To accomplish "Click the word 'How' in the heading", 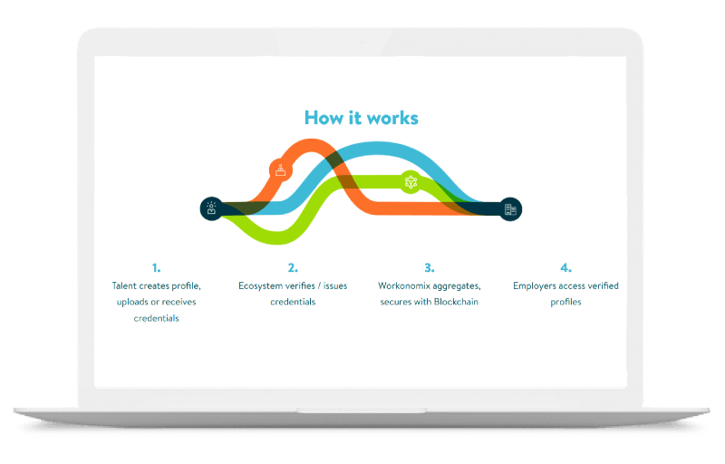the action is pyautogui.click(x=324, y=118).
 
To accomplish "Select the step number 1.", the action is pyautogui.click(x=156, y=268).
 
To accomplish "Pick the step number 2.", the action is pyautogui.click(x=293, y=268).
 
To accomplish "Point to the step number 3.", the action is pyautogui.click(x=429, y=268).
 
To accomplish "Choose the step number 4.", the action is pyautogui.click(x=565, y=268).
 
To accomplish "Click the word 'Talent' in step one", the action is pyautogui.click(x=124, y=286).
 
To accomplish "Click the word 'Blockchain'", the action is pyautogui.click(x=457, y=302).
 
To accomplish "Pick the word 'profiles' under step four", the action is pyautogui.click(x=565, y=303).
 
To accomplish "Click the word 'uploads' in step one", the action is pyautogui.click(x=132, y=303).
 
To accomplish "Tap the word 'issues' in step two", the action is pyautogui.click(x=335, y=286).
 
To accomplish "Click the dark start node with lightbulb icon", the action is pyautogui.click(x=212, y=209).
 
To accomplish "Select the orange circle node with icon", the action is pyautogui.click(x=281, y=170).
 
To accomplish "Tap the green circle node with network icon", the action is pyautogui.click(x=411, y=182).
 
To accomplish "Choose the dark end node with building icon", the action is pyautogui.click(x=510, y=209).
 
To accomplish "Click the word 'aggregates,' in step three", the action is pyautogui.click(x=457, y=287).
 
